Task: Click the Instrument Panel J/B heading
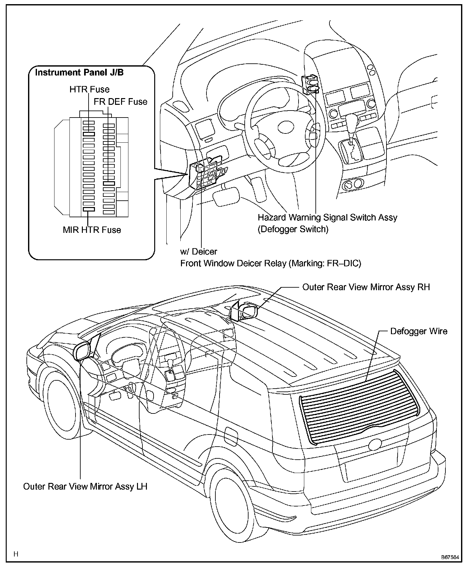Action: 79,73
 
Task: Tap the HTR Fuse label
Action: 89,90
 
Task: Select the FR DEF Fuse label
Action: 120,102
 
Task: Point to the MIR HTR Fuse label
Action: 92,230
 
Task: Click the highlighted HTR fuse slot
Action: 89,134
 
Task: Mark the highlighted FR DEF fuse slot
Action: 109,183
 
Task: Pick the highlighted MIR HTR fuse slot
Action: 89,209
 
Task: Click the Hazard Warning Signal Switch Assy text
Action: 327,218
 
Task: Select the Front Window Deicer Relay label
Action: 271,263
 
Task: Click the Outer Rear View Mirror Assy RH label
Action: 366,287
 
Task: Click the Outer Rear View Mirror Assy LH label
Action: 85,486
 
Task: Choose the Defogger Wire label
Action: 419,331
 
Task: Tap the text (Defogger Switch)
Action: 293,229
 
